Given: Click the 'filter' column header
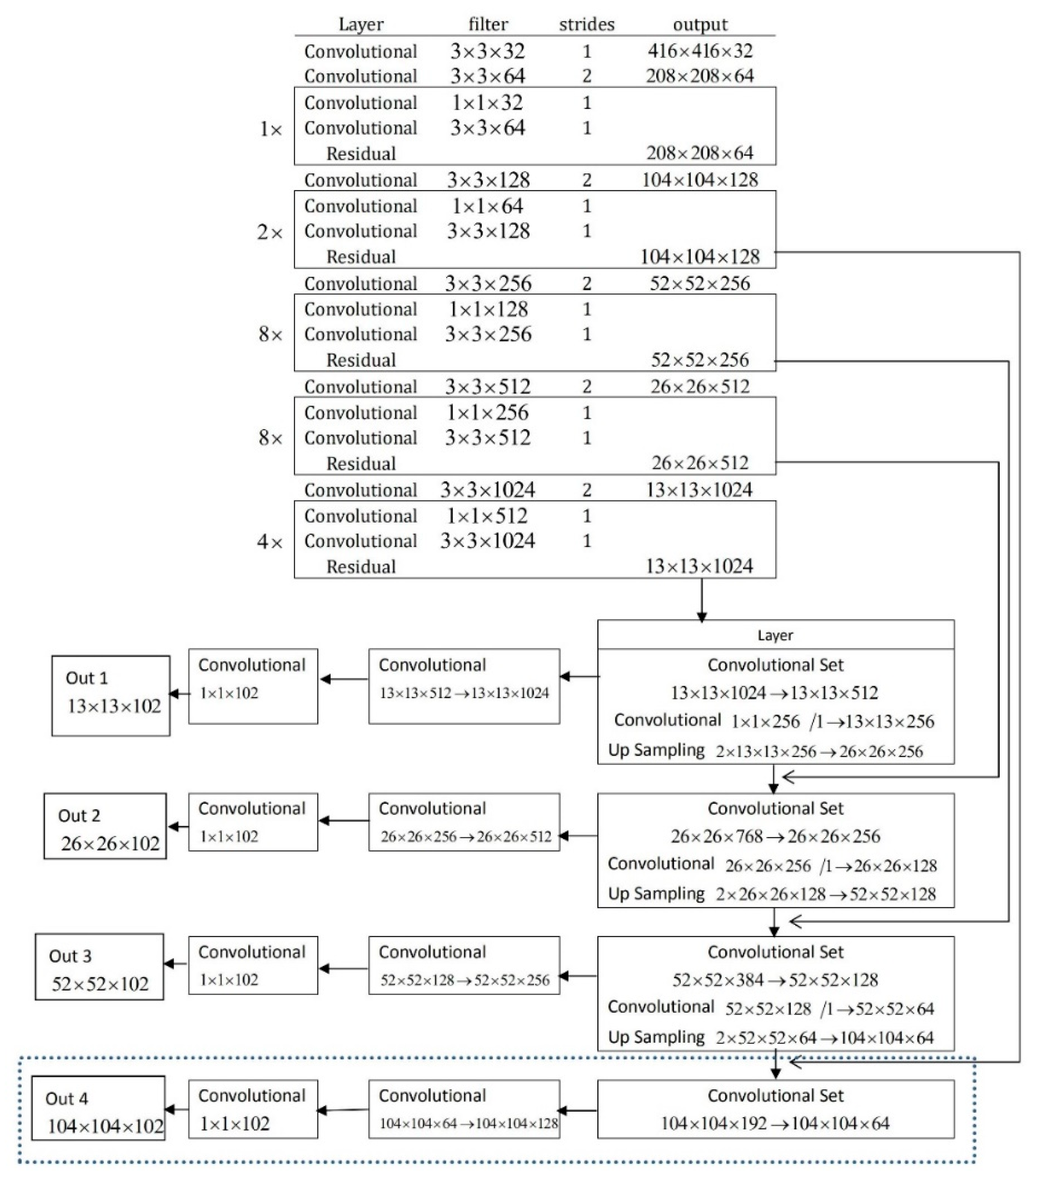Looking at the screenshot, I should (488, 24).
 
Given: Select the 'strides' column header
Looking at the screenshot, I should (586, 24).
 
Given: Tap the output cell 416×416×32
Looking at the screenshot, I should (700, 51).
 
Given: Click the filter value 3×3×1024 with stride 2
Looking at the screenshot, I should (487, 490).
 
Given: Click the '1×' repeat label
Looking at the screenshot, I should (270, 129).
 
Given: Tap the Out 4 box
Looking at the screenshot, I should (98, 1116).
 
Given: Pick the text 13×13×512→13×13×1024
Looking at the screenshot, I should (464, 693).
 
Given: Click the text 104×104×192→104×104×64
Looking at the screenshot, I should (775, 1123).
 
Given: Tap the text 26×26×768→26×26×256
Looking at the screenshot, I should (775, 836).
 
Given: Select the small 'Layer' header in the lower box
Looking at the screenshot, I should (775, 635).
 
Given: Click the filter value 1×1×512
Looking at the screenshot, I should (487, 516).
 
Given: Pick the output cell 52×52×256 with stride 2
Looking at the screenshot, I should (700, 283).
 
